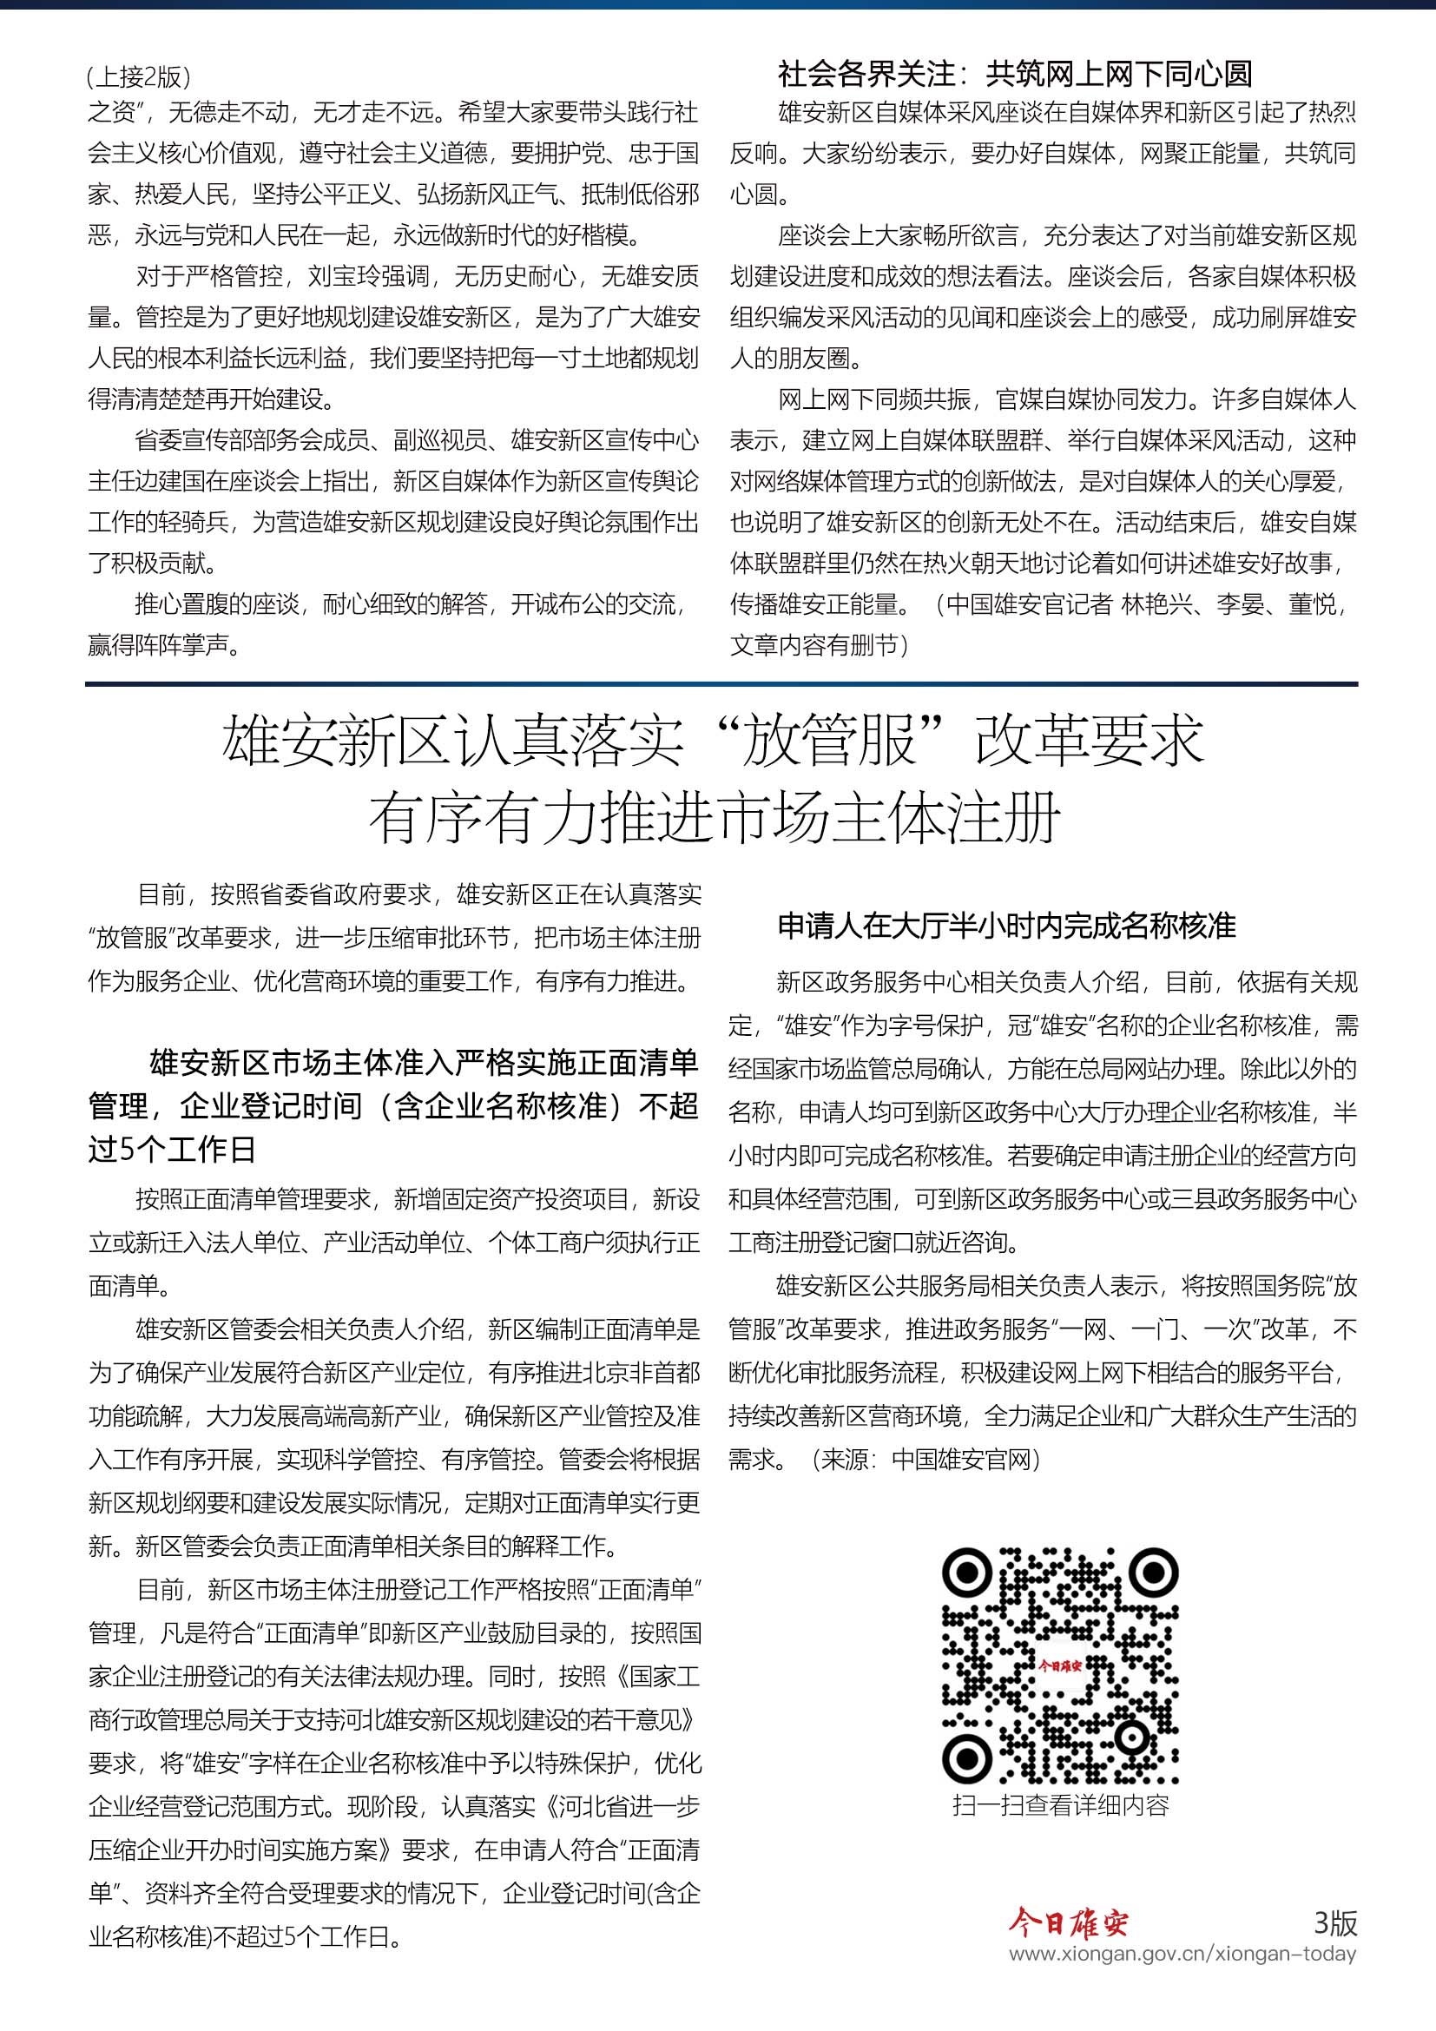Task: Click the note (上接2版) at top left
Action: (x=139, y=78)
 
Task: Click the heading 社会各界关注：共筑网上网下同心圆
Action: (x=1014, y=75)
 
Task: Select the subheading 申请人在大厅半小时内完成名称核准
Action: (x=1006, y=926)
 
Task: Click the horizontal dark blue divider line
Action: (x=721, y=683)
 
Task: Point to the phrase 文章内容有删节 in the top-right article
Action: (x=813, y=645)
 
